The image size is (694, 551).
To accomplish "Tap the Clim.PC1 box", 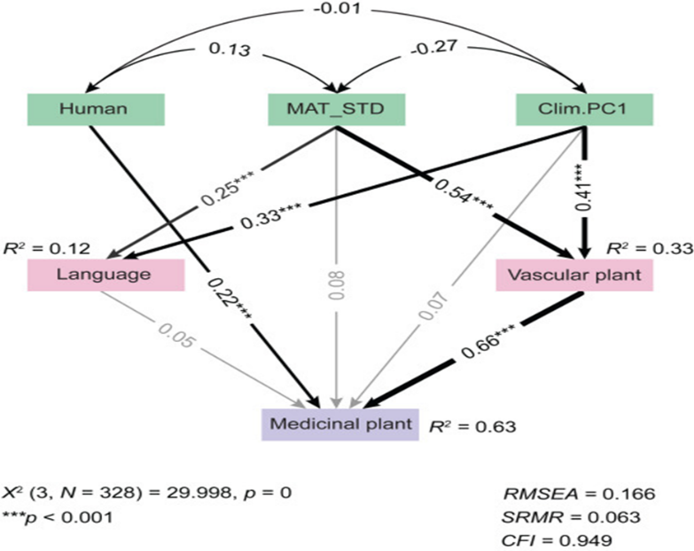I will pos(584,109).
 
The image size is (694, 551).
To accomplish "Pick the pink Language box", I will pos(104,275).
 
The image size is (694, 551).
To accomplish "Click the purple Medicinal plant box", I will pos(338,423).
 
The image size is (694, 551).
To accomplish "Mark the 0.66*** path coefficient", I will pos(486,349).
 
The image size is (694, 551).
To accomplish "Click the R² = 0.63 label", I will pos(472,426).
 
